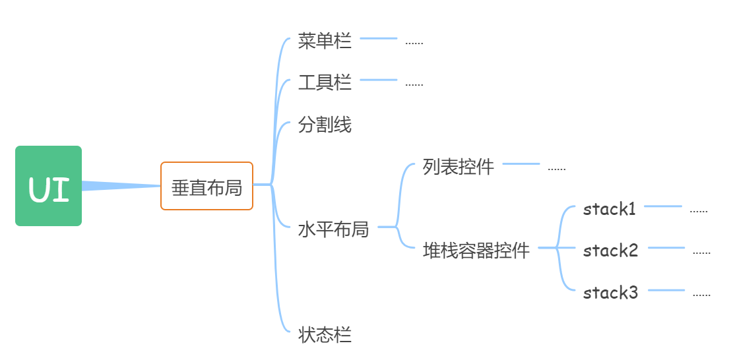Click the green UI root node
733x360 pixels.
(x=48, y=186)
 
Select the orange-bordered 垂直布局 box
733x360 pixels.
(x=207, y=187)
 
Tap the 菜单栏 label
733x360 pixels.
(x=325, y=42)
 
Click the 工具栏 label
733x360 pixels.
(x=325, y=83)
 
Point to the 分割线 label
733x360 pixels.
(x=325, y=125)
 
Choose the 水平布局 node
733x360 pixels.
(x=333, y=229)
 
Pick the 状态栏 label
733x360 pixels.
(x=325, y=334)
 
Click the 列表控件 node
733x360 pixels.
(x=459, y=167)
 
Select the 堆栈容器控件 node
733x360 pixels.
(x=476, y=251)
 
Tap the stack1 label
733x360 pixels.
(x=610, y=210)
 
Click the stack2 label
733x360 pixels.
(x=611, y=251)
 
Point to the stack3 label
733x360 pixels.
(x=611, y=293)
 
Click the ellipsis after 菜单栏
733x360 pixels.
(x=414, y=44)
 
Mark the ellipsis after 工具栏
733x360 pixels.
(x=414, y=86)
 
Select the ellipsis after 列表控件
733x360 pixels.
(x=557, y=169)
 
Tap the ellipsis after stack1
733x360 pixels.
(x=699, y=212)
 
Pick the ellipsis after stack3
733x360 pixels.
(x=701, y=295)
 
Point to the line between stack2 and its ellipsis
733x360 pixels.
(x=666, y=248)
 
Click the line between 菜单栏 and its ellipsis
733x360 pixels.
(x=379, y=39)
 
